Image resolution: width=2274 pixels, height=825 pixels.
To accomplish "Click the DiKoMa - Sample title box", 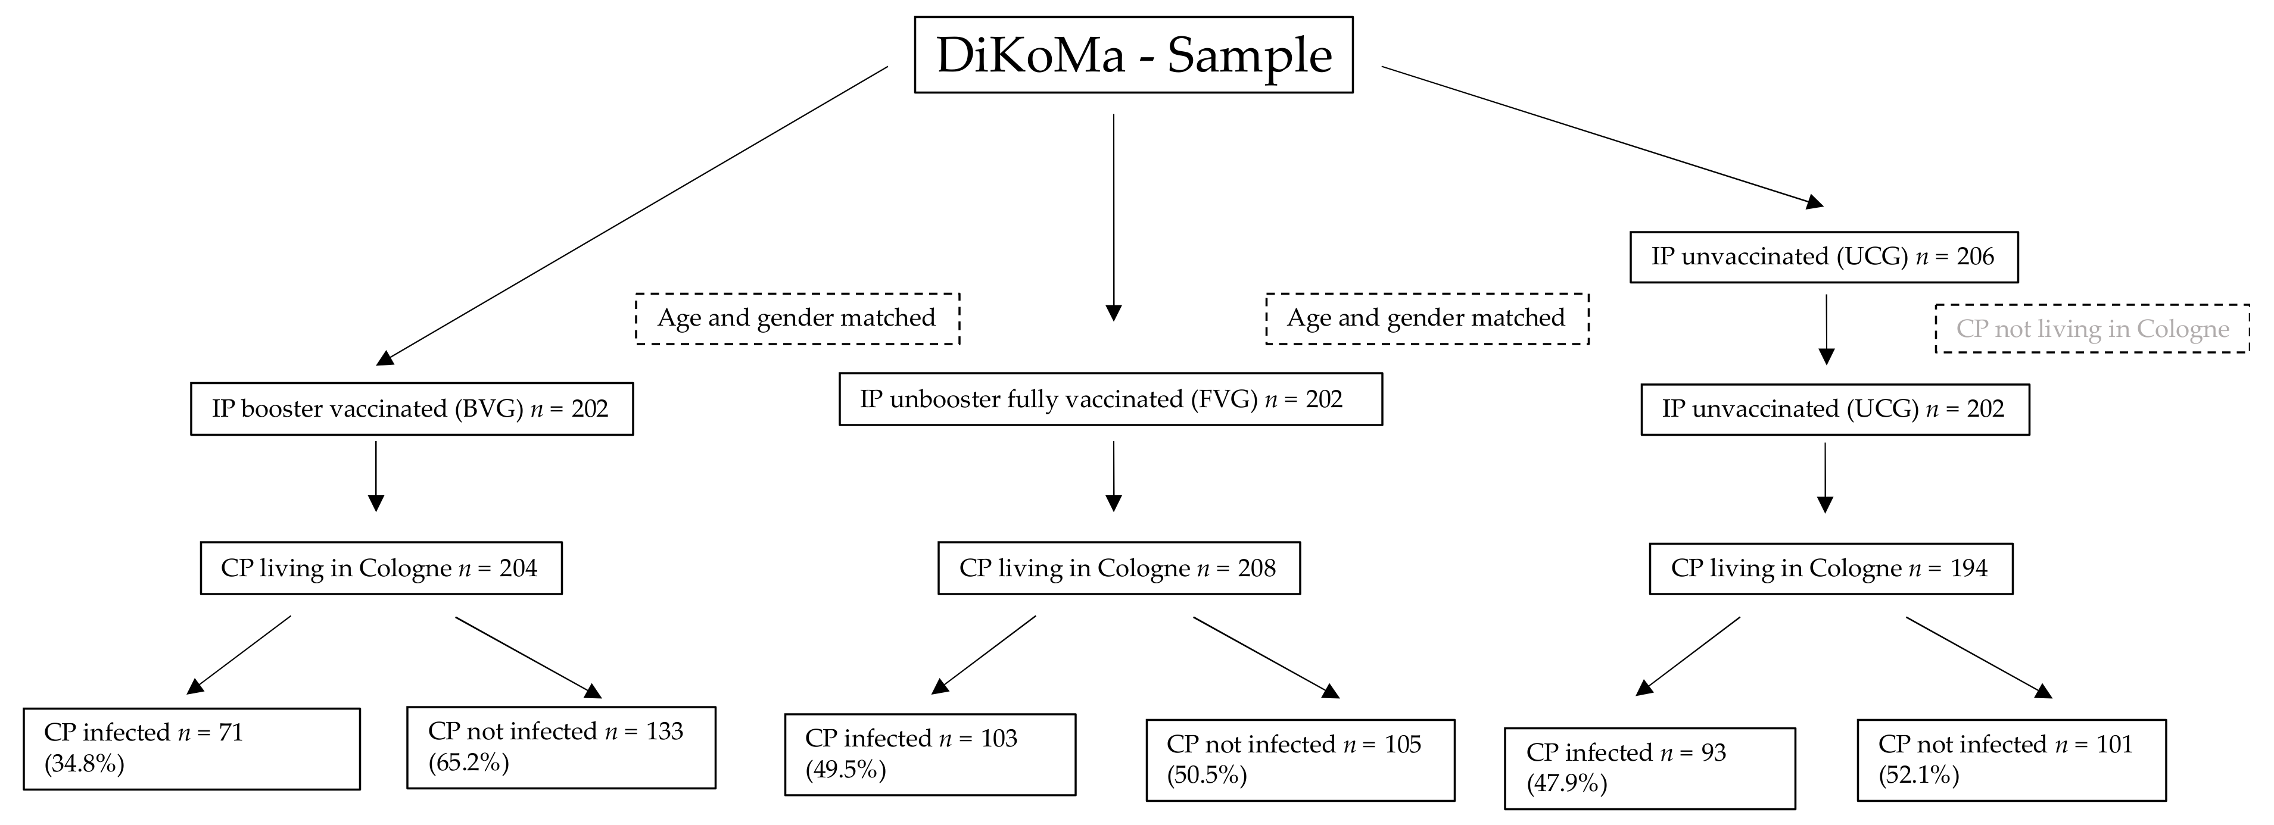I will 1133,55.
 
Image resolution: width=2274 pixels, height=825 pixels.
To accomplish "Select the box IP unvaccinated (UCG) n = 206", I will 1823,257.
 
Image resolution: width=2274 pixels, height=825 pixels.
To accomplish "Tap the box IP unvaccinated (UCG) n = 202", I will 1834,408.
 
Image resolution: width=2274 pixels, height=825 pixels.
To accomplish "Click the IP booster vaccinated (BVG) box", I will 412,408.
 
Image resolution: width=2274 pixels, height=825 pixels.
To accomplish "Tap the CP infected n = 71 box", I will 192,748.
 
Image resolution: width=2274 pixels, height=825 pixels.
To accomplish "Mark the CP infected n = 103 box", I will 930,754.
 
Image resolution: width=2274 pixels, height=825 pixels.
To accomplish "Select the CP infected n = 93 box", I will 1649,768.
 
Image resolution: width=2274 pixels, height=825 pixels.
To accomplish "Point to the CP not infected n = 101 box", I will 2011,760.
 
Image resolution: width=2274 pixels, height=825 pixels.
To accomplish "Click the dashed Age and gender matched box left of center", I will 797,318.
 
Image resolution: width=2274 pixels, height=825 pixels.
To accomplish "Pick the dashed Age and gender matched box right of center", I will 1426,318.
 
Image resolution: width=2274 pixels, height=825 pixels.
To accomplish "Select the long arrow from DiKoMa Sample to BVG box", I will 631,215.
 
